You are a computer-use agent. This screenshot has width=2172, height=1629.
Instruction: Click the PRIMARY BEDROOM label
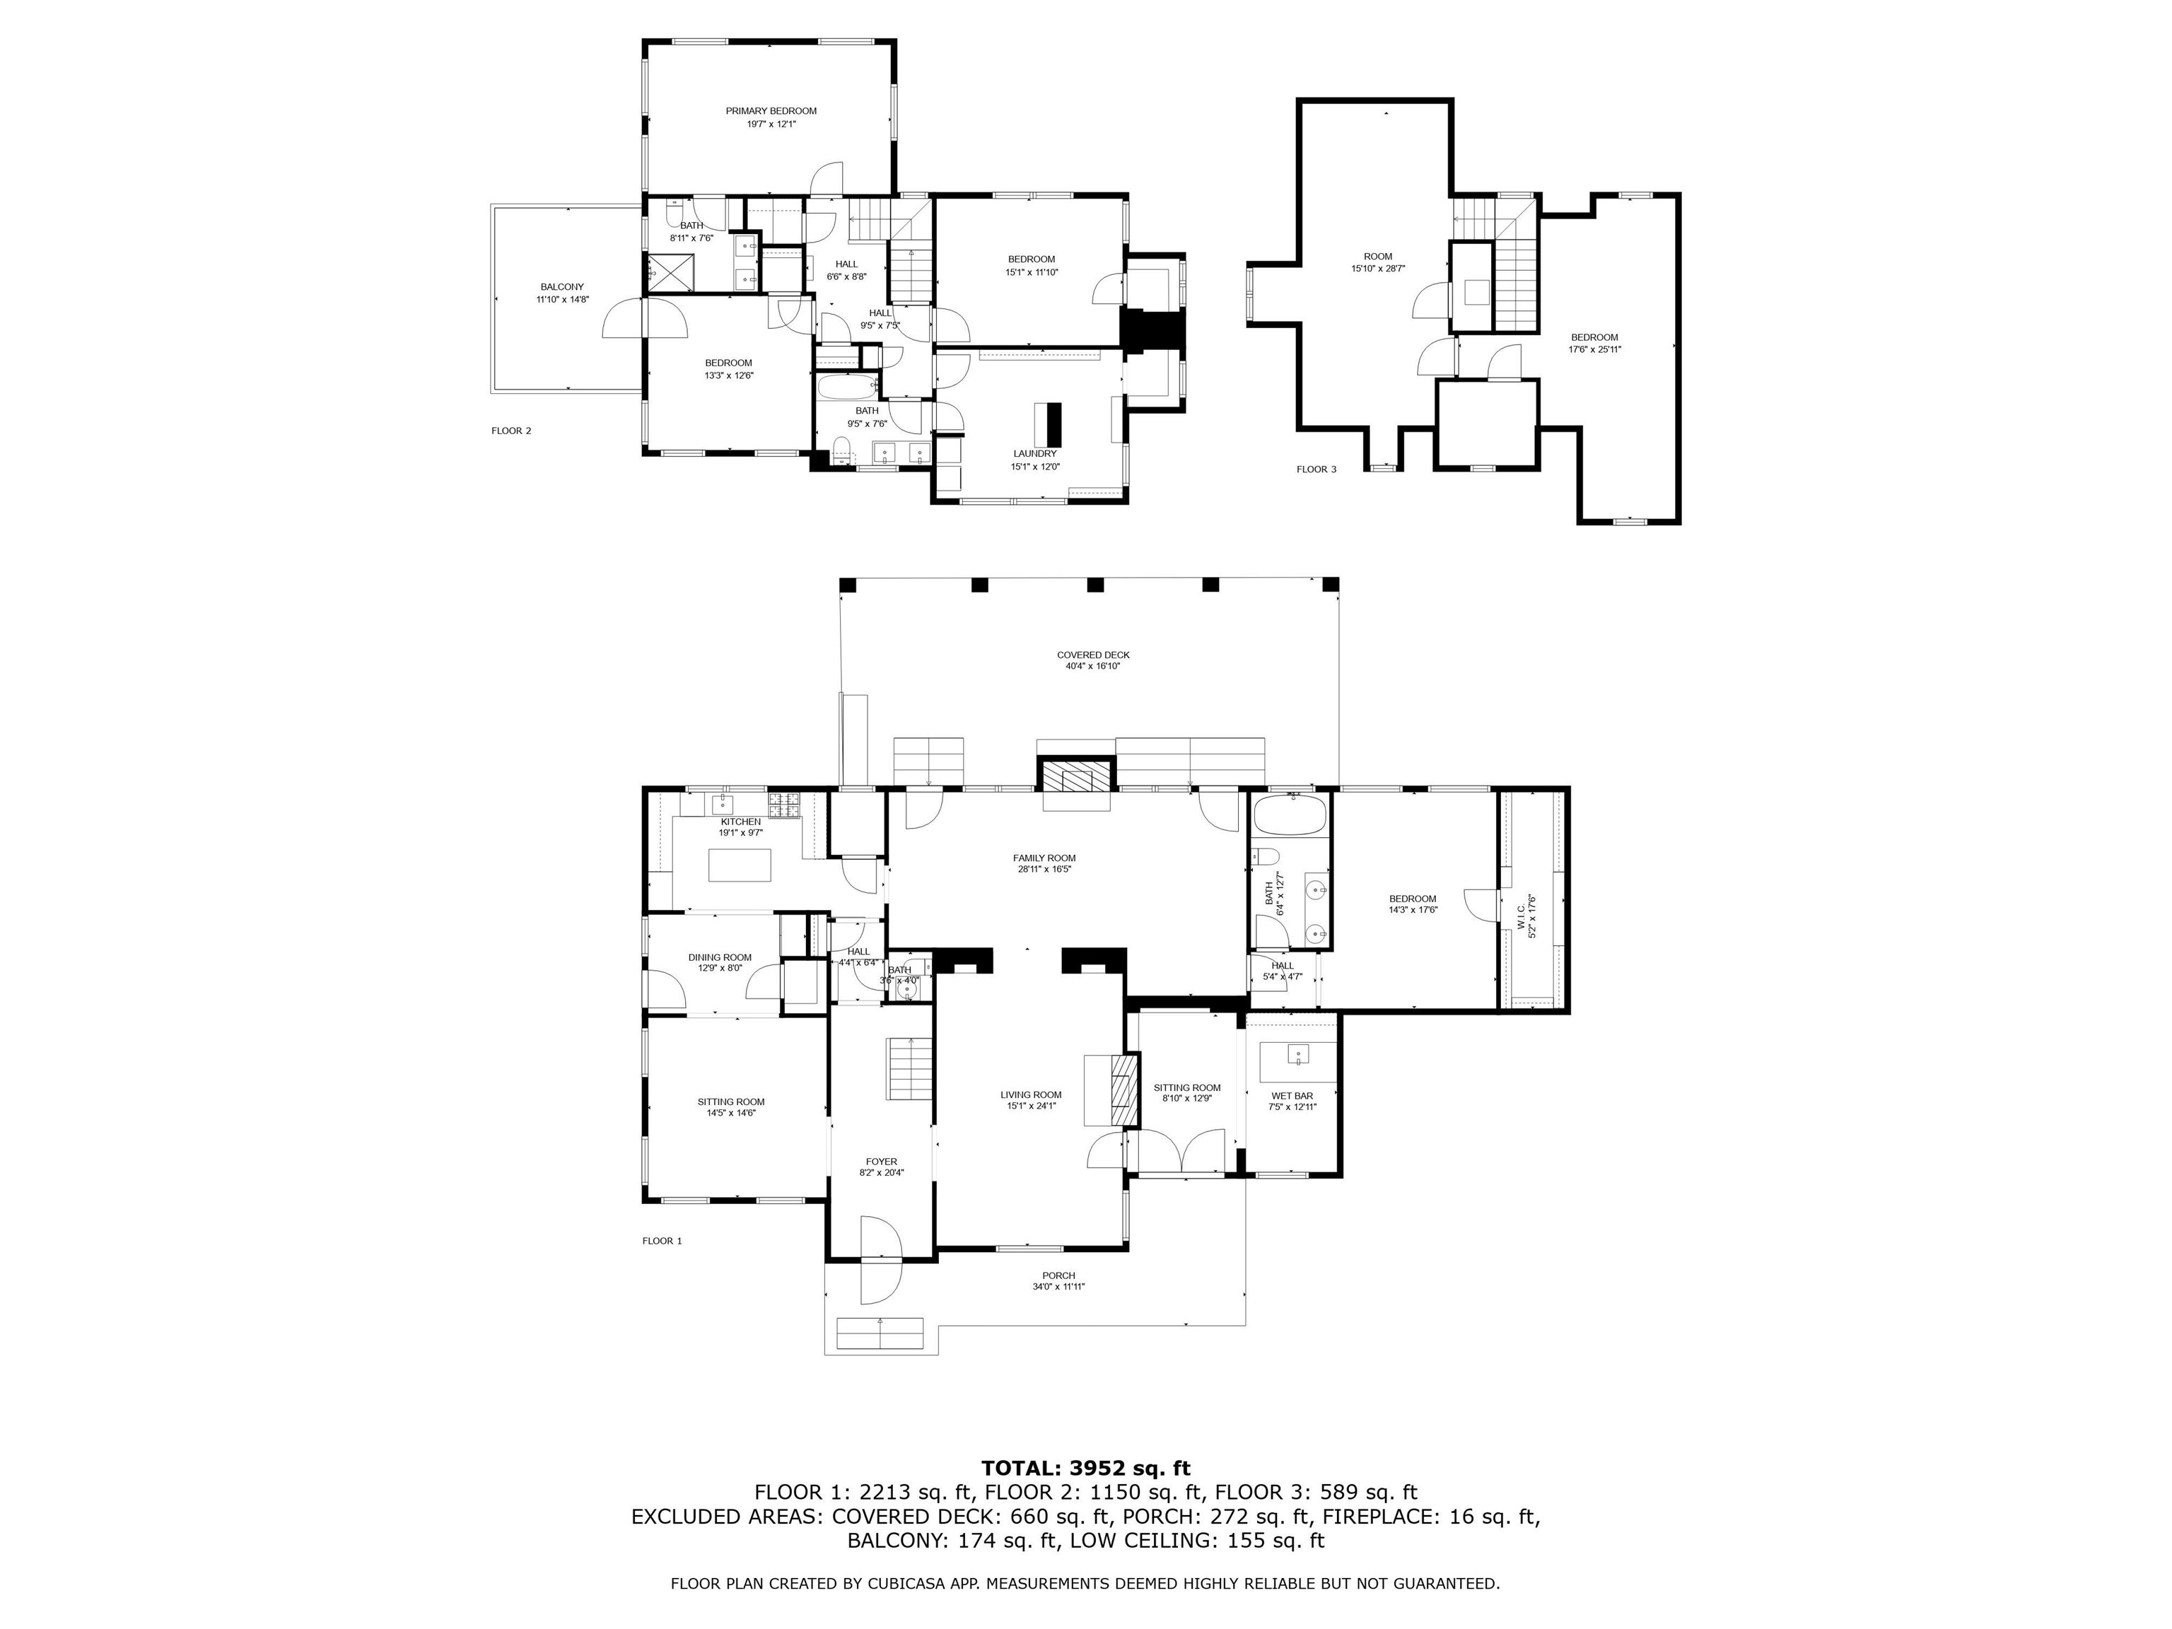tap(771, 111)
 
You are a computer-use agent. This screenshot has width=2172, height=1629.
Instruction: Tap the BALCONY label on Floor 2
tap(561, 287)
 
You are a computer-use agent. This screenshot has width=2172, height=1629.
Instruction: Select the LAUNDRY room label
tap(1035, 454)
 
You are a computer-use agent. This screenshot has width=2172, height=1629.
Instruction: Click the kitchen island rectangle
tap(740, 865)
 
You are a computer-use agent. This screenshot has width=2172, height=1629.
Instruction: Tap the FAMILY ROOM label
tap(1044, 857)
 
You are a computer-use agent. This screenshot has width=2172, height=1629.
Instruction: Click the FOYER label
tap(881, 1162)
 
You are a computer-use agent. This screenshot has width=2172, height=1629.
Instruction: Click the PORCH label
tap(1058, 1275)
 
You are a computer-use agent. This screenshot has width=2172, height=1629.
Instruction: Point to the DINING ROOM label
tap(720, 957)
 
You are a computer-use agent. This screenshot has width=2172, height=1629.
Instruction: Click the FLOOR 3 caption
tap(1316, 469)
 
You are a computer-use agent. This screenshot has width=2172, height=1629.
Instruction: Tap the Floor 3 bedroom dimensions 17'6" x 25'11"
tap(1594, 349)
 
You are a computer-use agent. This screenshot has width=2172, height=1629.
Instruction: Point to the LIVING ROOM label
tap(1031, 1094)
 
